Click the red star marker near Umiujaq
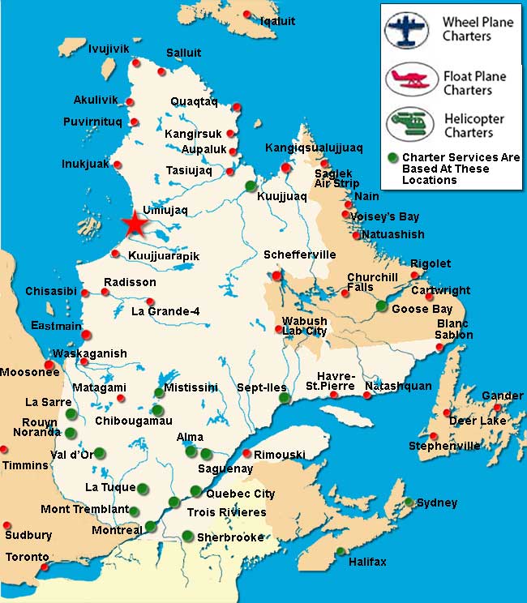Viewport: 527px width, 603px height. [x=135, y=223]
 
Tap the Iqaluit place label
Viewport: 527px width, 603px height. [x=278, y=21]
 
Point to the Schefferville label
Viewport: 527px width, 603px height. [x=299, y=255]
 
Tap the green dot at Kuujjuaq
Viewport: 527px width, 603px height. [x=251, y=184]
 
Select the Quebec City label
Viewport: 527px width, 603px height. [x=241, y=494]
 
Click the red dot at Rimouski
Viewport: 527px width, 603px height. [x=246, y=454]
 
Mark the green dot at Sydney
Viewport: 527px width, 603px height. [x=410, y=502]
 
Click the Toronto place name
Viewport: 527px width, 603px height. [x=28, y=558]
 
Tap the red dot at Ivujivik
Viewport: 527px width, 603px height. [x=137, y=62]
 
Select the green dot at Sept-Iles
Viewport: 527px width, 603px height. [x=284, y=398]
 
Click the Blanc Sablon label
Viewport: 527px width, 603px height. [x=453, y=329]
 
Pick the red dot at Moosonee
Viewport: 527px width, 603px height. [x=49, y=366]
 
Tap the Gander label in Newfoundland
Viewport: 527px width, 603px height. [x=502, y=396]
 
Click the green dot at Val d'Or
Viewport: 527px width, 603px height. [x=99, y=453]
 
